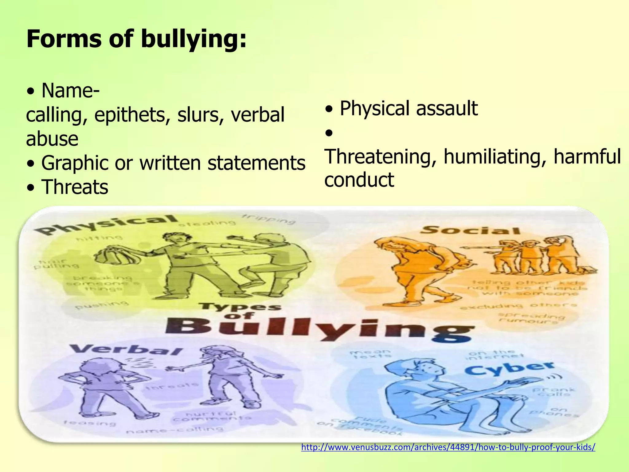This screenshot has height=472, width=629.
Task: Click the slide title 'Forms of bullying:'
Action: (136, 39)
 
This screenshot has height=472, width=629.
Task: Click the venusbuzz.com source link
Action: (448, 447)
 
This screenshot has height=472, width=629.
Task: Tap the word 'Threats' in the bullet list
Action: (75, 187)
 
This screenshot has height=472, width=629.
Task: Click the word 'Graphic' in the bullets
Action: (75, 163)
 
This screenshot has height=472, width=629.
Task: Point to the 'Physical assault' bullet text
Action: (408, 108)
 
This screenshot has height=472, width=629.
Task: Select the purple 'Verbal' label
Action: (126, 350)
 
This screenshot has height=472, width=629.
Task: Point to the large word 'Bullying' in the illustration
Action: (319, 329)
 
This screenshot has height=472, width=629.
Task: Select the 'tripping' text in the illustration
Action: (269, 219)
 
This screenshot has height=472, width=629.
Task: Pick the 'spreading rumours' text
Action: (531, 318)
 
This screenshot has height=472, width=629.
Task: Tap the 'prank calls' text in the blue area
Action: (553, 392)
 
